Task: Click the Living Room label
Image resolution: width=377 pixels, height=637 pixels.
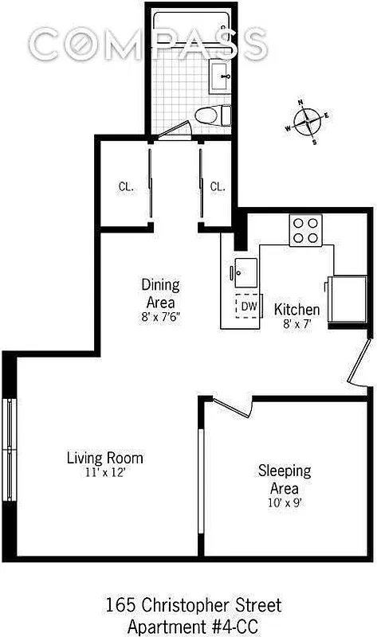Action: (104, 458)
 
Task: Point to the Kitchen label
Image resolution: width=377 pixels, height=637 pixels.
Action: (296, 309)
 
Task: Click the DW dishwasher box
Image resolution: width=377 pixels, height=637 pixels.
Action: (249, 306)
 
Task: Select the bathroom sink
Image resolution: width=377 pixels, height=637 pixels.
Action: (220, 79)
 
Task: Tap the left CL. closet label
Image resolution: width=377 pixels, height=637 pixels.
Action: (125, 186)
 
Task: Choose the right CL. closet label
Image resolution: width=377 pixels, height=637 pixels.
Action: (218, 186)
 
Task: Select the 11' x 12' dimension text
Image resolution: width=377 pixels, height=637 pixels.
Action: (104, 472)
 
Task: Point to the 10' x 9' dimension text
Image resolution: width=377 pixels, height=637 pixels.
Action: (284, 502)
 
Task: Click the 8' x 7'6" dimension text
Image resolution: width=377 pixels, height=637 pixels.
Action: (160, 317)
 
